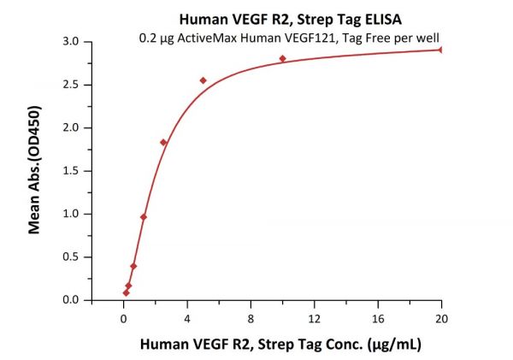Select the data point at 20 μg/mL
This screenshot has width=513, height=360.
coord(441,50)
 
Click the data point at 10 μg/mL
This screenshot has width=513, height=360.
coord(282,58)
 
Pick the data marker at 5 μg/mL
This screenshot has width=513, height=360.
coord(203,80)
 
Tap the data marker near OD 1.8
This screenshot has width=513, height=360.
coord(163,142)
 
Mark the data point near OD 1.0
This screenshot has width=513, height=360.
coord(144,217)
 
